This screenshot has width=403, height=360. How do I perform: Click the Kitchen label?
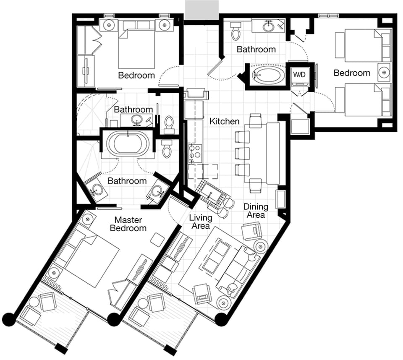(x=225, y=121)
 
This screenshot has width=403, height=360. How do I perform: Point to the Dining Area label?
(x=256, y=211)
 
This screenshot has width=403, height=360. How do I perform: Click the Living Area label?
(x=200, y=222)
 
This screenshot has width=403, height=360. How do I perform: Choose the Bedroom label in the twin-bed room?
(x=352, y=73)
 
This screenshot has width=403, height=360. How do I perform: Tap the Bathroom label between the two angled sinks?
(x=127, y=181)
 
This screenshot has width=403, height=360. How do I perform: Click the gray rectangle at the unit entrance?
(x=201, y=9)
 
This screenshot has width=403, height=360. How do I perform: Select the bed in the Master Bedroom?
(x=90, y=260)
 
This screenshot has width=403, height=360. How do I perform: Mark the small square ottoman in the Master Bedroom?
(x=157, y=240)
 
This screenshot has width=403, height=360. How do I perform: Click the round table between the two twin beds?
(x=384, y=73)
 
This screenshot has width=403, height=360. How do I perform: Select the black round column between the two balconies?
(x=113, y=320)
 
